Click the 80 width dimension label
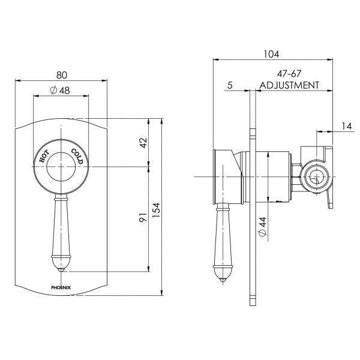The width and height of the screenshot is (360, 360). [x=61, y=75]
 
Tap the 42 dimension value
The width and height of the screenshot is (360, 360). [x=142, y=143]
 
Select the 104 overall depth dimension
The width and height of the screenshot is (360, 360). [x=271, y=54]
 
